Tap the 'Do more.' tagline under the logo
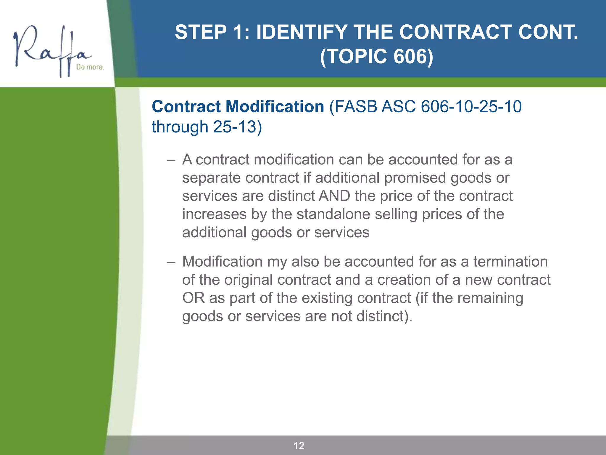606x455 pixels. (90, 67)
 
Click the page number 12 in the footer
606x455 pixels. (299, 446)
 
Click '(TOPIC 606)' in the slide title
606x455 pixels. (376, 56)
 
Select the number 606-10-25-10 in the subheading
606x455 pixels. (471, 107)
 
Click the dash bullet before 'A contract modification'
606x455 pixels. (171, 160)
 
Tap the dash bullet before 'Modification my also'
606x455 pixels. (171, 262)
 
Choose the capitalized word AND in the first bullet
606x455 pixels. (334, 196)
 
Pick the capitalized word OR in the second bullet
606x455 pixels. (193, 298)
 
